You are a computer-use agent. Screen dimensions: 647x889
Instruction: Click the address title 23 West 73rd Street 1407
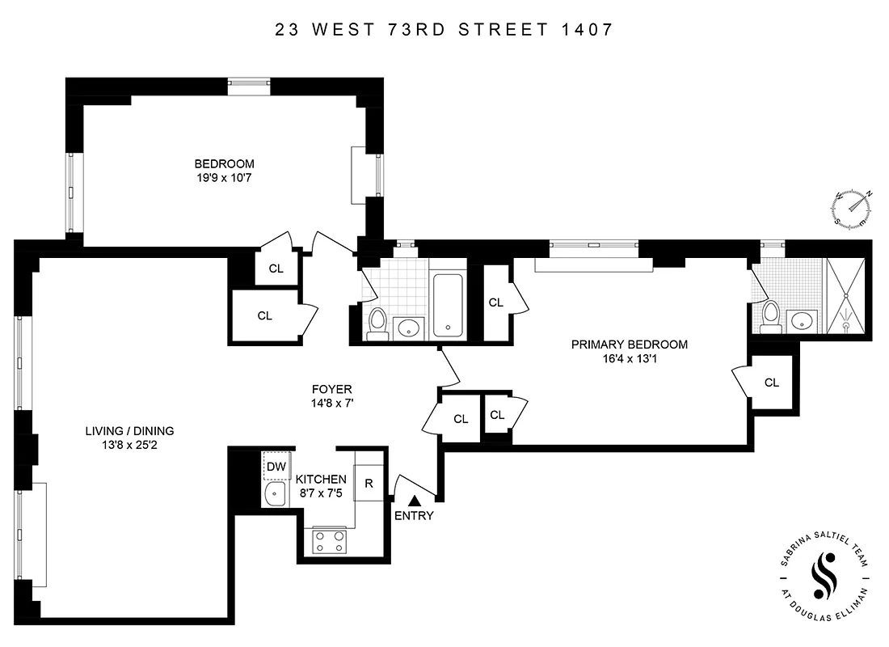[444, 31]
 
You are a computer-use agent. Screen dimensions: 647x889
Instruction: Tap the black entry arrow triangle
[414, 501]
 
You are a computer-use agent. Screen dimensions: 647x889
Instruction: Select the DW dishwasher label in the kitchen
[276, 466]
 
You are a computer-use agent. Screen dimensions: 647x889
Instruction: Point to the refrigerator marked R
[369, 484]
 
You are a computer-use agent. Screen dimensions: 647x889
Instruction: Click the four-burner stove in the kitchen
[330, 541]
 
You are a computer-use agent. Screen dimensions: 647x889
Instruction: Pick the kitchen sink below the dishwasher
[276, 493]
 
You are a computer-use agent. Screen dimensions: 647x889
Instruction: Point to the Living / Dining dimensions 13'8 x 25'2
[130, 445]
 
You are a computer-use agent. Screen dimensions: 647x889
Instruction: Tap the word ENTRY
[414, 516]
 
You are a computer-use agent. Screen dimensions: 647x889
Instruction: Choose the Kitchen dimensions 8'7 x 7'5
[321, 493]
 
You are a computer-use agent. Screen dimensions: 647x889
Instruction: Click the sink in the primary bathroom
[803, 320]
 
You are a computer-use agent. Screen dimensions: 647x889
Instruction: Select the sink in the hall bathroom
[409, 328]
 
